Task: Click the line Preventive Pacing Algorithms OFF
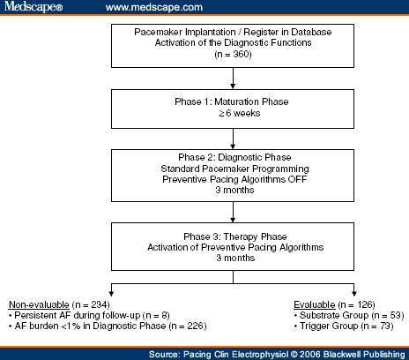[232, 183]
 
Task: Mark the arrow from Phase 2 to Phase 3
[232, 212]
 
